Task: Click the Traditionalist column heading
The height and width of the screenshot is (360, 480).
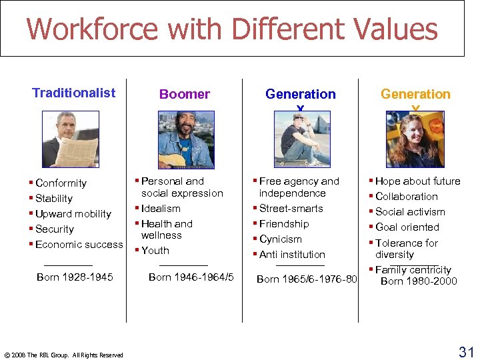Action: (73, 93)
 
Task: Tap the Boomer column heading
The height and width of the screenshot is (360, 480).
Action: (184, 95)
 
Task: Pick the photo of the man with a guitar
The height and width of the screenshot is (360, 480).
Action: (186, 139)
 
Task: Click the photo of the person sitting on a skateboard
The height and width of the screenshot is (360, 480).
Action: (302, 139)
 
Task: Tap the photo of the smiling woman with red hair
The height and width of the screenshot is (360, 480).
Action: (415, 139)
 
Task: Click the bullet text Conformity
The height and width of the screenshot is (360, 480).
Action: (61, 183)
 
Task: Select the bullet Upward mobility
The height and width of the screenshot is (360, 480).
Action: (73, 213)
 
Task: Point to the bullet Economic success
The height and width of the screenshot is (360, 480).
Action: (79, 244)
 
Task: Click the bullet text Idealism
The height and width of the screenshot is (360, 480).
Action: (161, 208)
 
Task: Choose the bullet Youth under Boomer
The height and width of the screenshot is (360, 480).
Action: (155, 250)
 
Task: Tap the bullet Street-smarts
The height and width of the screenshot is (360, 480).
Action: (291, 208)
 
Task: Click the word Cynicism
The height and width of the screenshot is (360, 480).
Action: (281, 239)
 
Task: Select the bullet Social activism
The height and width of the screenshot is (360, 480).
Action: (410, 211)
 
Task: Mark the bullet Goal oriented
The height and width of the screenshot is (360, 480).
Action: (407, 227)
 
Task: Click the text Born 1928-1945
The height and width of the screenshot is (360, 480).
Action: (75, 277)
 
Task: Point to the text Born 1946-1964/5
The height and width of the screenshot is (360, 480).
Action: (191, 277)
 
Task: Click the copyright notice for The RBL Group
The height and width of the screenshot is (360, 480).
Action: (63, 355)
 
